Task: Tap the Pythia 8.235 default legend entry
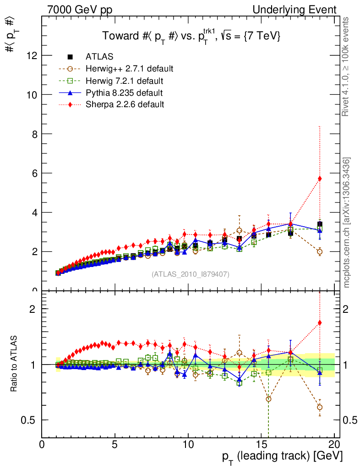coord(124,93)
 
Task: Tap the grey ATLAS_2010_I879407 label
coord(191,274)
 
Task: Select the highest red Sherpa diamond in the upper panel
coord(320,179)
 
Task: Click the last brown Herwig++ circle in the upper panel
coord(320,251)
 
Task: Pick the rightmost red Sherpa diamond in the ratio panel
coord(320,323)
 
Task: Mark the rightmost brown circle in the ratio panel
coord(320,407)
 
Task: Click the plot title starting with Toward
coord(191,37)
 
